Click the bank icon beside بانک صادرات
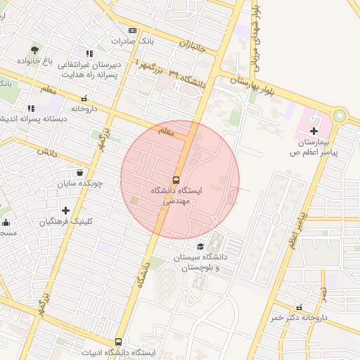132,30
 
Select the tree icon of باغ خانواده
34,50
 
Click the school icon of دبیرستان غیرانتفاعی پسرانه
89,53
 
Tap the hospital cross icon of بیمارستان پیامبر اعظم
314,130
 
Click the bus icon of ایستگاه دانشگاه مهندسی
176,179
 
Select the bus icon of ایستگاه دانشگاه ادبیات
118,341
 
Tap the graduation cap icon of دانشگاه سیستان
201,246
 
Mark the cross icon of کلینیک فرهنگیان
65,210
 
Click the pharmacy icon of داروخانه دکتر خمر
300,307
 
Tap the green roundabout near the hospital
340,115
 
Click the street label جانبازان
191,48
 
